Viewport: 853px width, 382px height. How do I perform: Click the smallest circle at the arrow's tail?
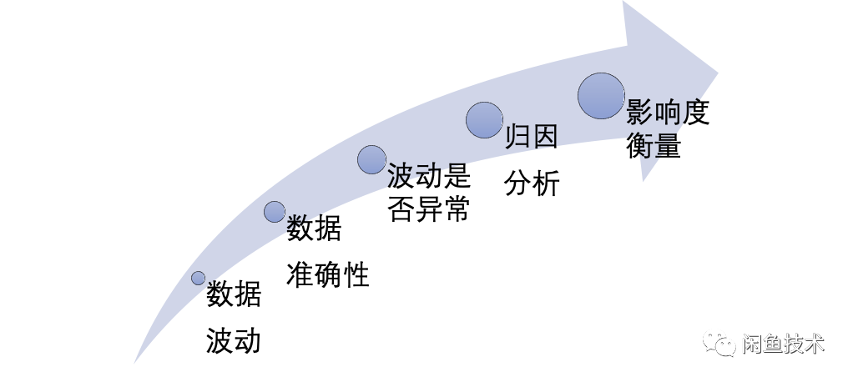[198, 278]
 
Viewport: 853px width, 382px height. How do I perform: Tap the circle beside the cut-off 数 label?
[275, 212]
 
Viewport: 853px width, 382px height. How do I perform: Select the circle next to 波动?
[371, 159]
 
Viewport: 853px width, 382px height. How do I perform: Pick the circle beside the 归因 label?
[484, 120]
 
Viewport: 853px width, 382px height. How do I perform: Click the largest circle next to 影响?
[601, 96]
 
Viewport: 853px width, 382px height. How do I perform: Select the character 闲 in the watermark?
[751, 344]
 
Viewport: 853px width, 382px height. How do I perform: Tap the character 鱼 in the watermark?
[772, 344]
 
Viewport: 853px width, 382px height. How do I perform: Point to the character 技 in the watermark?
[793, 344]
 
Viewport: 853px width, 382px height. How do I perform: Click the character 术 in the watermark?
[814, 344]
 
